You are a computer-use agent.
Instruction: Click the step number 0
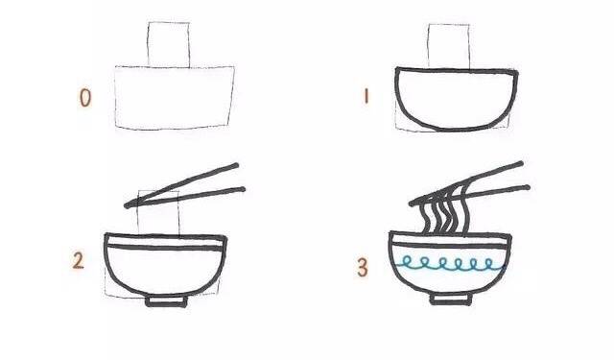(85, 98)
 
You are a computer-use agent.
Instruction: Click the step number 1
(366, 96)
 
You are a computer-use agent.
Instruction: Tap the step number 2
(78, 261)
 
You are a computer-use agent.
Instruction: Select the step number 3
(363, 268)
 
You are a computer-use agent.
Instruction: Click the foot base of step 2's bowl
(166, 302)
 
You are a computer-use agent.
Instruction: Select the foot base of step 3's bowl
(451, 300)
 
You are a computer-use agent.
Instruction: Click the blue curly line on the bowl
(449, 264)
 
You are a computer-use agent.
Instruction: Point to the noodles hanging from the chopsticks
(443, 211)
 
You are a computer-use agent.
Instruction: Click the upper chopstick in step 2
(181, 184)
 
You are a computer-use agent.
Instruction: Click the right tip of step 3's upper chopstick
(521, 163)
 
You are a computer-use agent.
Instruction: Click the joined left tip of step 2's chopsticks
(127, 205)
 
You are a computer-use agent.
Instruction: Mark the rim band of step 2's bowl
(166, 242)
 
